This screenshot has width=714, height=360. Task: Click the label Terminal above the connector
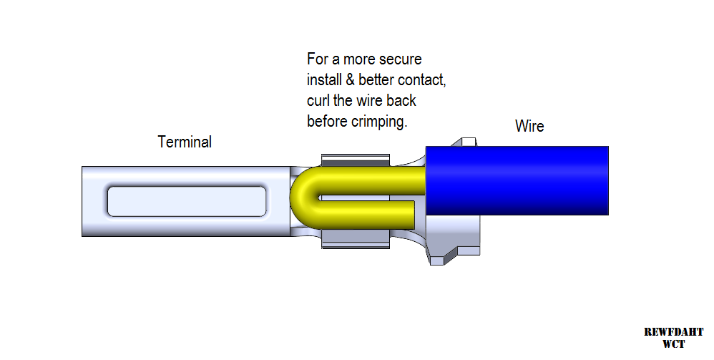185,142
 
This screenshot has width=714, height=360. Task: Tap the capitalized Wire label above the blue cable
529,127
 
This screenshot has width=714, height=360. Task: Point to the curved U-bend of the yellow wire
300,200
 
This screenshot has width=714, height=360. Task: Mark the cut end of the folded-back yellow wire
412,210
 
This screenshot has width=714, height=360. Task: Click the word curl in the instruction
318,100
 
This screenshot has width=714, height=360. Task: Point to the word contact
421,79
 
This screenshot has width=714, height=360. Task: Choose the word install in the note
326,79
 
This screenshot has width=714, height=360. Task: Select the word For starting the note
318,59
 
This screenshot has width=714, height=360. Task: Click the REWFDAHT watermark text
673,332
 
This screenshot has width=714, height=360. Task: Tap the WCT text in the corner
673,344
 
